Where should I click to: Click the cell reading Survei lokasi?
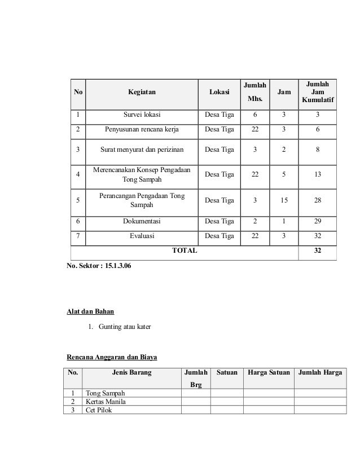click(142, 116)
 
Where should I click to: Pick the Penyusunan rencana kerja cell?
click(142, 129)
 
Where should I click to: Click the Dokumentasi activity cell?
click(142, 222)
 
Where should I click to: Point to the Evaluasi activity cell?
click(142, 236)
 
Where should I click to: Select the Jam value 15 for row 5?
click(284, 200)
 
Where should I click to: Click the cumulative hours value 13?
click(318, 175)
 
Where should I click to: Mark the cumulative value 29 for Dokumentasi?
click(318, 222)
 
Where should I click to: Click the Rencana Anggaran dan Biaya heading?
click(112, 357)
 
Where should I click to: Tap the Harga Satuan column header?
click(265, 372)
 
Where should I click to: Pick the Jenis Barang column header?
click(131, 372)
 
